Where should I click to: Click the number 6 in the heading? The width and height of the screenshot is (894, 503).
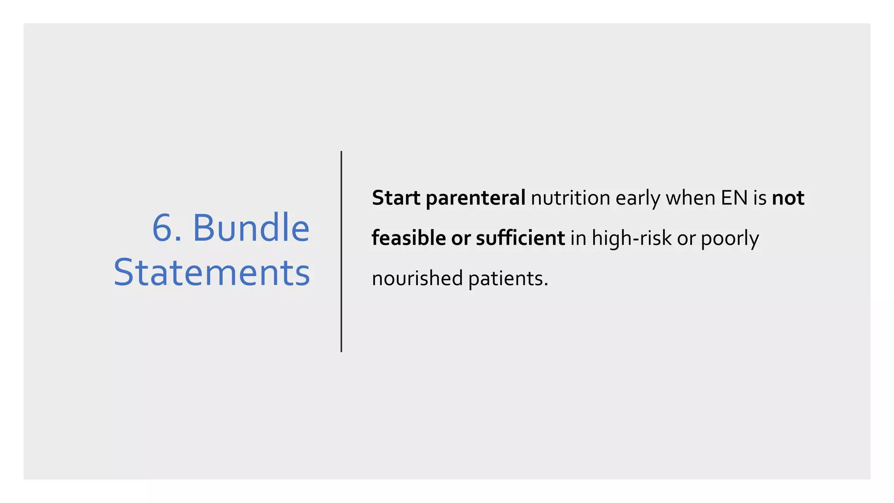point(162,228)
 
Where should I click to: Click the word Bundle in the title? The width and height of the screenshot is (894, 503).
point(251,228)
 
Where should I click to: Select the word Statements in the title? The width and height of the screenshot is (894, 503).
point(212,273)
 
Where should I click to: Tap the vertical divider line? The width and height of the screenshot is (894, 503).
point(341,251)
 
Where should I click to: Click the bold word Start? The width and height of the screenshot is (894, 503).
point(396,198)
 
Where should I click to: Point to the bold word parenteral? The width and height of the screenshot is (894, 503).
point(475,199)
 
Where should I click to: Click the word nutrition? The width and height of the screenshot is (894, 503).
point(570,198)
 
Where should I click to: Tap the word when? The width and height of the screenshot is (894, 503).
point(691,198)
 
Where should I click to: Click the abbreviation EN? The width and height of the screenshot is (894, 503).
point(734,198)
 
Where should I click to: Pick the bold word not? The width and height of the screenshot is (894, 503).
point(788,198)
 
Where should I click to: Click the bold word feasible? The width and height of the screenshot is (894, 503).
point(409,238)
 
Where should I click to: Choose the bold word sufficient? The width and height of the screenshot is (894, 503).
point(520,238)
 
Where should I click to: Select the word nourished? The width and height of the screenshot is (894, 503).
point(417,279)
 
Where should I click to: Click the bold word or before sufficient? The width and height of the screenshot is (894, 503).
point(461,239)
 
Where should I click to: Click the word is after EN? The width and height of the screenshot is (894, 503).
point(760,198)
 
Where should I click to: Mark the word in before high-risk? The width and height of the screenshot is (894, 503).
point(578,238)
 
